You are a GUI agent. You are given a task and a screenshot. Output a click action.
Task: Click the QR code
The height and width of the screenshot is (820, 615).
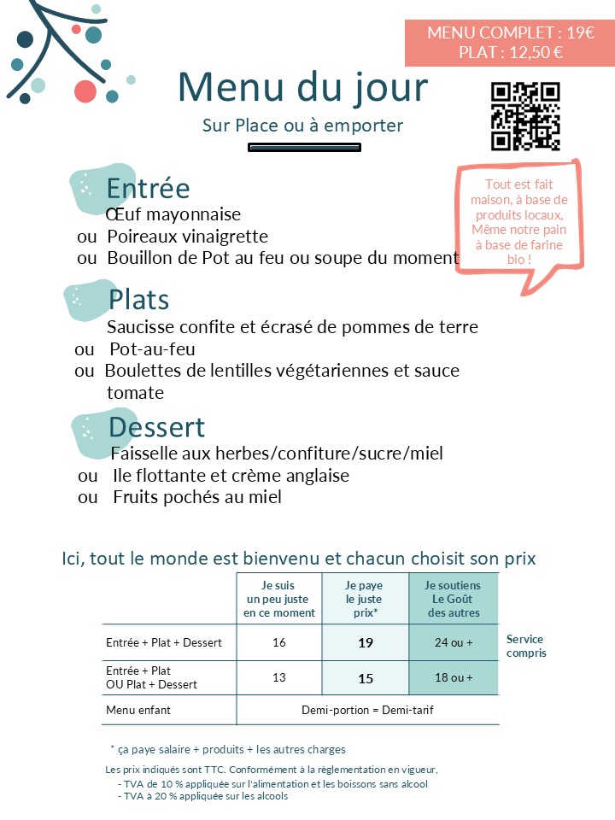click(x=524, y=116)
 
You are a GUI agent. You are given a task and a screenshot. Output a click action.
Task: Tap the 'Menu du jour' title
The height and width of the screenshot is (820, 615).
click(x=302, y=87)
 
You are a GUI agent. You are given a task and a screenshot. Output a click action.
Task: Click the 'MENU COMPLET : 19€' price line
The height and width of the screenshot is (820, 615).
click(x=511, y=33)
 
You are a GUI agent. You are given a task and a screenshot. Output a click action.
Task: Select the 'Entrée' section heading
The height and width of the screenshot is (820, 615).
click(x=148, y=188)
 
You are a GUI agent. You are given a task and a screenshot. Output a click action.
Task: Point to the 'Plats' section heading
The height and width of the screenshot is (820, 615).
click(x=138, y=300)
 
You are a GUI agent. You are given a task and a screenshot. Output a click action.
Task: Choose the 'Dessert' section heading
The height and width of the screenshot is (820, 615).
click(x=157, y=426)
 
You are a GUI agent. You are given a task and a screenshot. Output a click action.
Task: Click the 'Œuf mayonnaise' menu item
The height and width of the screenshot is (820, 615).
click(x=174, y=214)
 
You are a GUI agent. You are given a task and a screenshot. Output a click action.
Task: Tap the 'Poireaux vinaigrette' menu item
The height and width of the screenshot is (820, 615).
click(x=188, y=237)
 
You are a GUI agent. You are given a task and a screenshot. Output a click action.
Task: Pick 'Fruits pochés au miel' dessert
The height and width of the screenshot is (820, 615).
click(x=197, y=497)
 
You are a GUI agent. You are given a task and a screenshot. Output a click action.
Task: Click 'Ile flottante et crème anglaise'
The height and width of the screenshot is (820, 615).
click(x=231, y=476)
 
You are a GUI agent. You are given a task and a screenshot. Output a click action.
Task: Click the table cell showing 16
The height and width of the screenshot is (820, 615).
click(x=279, y=642)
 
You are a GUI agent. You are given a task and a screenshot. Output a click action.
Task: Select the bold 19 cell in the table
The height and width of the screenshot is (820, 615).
click(x=366, y=643)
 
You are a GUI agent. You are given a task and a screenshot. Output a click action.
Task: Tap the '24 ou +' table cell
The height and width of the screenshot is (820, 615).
click(x=454, y=642)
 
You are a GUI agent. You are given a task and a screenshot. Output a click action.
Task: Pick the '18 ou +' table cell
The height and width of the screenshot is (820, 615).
click(x=454, y=677)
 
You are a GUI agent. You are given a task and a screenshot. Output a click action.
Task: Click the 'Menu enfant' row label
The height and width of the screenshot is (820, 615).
click(x=138, y=710)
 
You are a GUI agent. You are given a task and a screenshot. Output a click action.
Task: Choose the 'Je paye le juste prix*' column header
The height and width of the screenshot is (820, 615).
click(x=365, y=599)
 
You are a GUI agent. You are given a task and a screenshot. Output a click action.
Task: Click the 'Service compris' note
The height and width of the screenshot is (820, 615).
click(x=526, y=646)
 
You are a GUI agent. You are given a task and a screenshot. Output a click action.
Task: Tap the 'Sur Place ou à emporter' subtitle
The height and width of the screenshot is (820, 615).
click(x=302, y=126)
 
